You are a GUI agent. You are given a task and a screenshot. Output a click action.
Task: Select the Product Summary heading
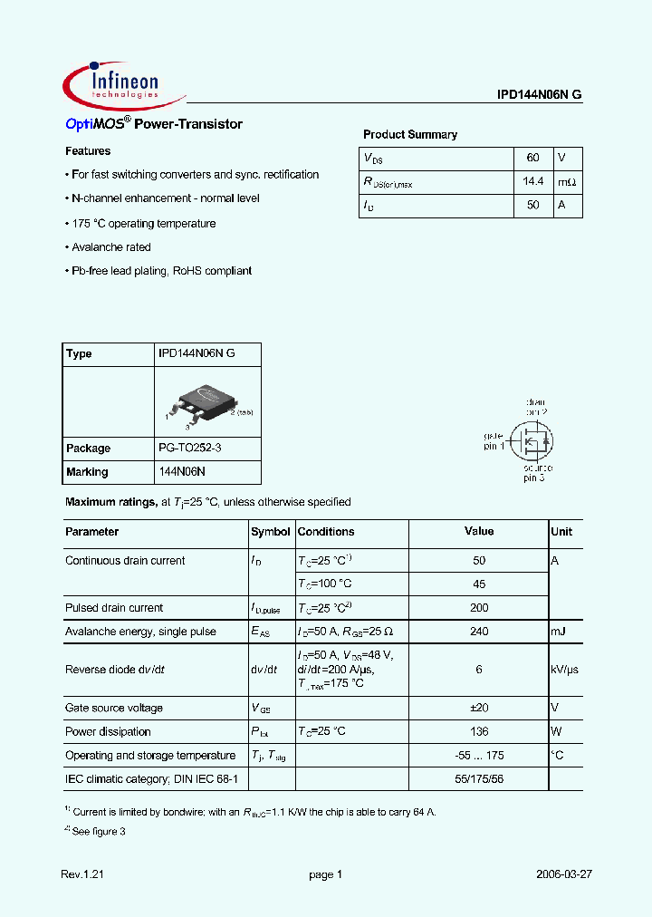click(410, 134)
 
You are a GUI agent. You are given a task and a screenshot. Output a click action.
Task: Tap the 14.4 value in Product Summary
click(533, 182)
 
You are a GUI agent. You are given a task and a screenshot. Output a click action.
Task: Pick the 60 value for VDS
click(533, 159)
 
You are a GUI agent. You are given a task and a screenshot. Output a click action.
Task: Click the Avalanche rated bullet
click(109, 247)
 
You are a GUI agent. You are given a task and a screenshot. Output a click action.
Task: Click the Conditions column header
click(326, 532)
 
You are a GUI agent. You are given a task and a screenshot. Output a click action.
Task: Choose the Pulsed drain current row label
click(114, 608)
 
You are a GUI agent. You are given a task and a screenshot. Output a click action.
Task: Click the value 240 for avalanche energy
click(479, 632)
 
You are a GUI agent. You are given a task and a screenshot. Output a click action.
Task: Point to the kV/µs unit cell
click(564, 670)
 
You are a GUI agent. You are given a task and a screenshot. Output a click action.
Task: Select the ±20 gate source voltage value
click(479, 708)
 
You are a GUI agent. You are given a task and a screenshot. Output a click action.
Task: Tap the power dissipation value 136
click(479, 731)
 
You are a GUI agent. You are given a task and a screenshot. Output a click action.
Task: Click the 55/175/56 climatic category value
click(479, 778)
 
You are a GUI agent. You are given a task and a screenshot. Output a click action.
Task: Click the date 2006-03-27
click(563, 874)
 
